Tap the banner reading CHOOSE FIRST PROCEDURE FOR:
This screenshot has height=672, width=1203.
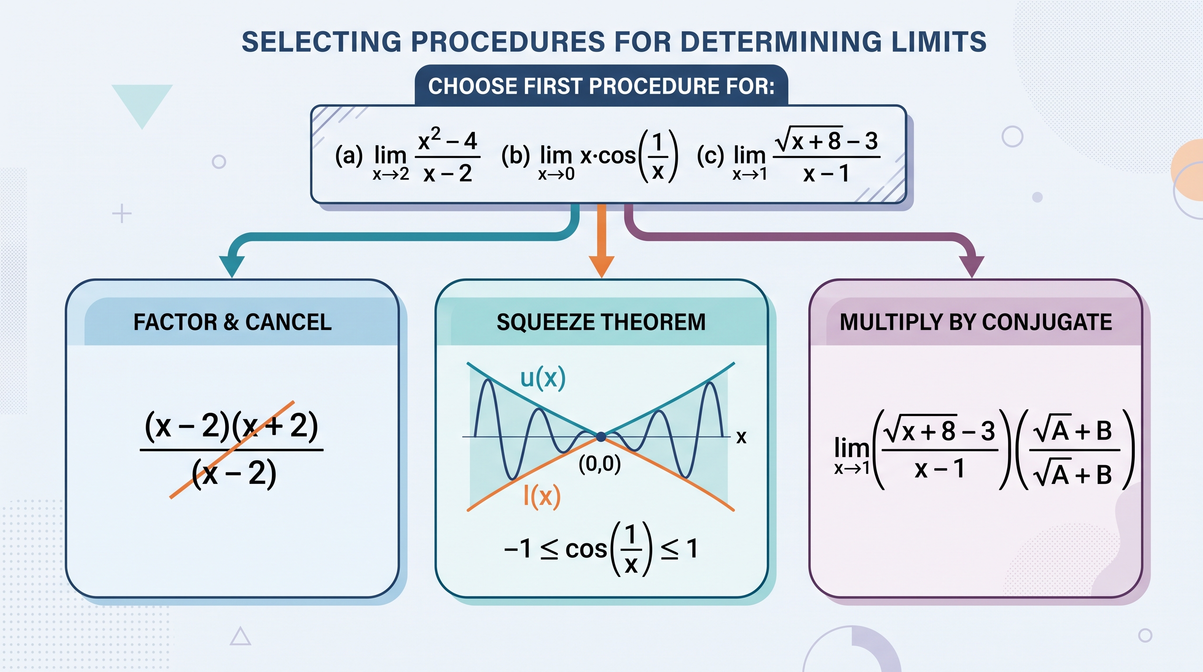click(601, 86)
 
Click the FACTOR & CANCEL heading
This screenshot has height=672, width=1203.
click(233, 322)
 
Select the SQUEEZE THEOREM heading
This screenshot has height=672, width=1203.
click(601, 322)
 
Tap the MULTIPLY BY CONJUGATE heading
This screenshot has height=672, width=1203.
click(976, 322)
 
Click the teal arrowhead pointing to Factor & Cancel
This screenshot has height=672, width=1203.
click(232, 267)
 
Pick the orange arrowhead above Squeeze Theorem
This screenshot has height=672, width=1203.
click(601, 267)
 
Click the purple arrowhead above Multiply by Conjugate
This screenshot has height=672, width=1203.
click(971, 267)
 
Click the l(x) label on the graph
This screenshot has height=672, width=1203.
click(542, 496)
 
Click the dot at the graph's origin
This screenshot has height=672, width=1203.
click(601, 437)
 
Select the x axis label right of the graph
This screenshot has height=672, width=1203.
click(741, 437)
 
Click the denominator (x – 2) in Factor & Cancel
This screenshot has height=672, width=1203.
click(234, 473)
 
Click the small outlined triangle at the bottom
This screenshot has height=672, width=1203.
click(240, 637)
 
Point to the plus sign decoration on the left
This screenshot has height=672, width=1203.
click(122, 213)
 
